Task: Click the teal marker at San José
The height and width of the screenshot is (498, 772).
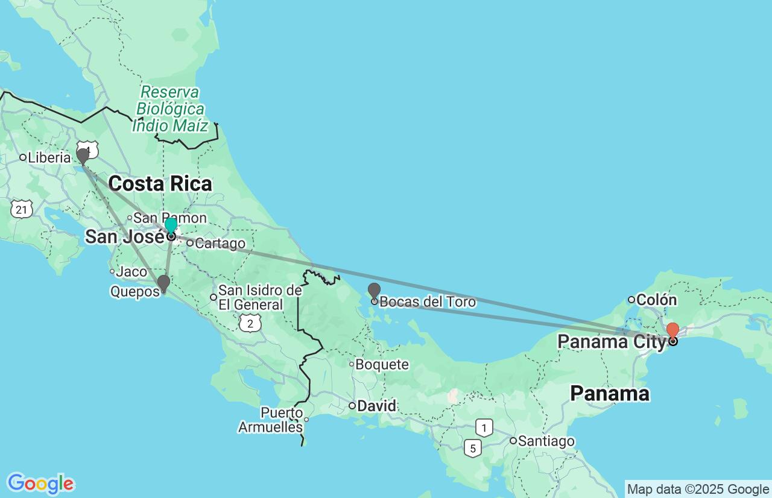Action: coord(171,226)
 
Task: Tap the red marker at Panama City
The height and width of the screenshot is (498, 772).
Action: coord(672,330)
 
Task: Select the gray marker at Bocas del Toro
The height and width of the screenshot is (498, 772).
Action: coord(374,291)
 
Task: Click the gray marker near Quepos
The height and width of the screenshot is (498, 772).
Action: coord(163,283)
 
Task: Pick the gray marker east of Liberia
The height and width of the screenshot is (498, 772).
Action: coord(83,156)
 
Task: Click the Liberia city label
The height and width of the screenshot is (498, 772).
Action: coord(49,157)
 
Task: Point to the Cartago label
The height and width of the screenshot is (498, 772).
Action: coord(220,244)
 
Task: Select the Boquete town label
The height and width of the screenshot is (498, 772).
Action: coord(382,364)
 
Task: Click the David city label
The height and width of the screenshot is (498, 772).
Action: coord(376,406)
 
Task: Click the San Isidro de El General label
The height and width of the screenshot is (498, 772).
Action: coord(259,298)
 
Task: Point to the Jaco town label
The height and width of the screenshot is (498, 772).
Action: coord(131,272)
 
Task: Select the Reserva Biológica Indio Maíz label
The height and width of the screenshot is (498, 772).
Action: coord(170,109)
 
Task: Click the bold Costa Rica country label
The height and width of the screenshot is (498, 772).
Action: coord(160,184)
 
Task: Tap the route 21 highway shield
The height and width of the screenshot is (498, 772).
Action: coord(21,209)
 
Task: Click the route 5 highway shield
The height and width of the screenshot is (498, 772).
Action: coord(473,448)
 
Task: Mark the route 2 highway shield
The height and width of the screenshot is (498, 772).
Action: coord(249,323)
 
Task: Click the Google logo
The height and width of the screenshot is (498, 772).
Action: coord(40,484)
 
